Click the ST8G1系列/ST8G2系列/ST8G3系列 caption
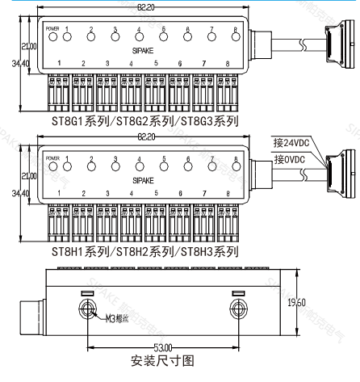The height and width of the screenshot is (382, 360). pos(144,122)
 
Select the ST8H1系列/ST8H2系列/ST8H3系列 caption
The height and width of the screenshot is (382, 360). pos(144,252)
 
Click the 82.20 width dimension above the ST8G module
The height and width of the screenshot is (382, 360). pos(146,6)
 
